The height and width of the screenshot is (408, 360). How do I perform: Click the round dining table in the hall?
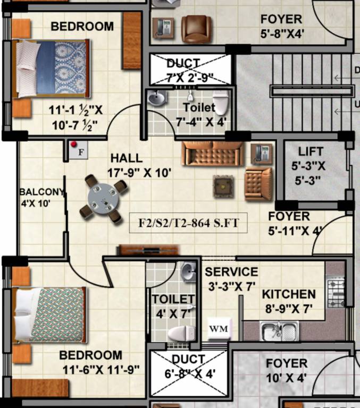[105, 200]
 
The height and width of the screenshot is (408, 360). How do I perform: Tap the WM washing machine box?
[218, 328]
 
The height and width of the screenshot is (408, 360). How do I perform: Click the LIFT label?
[311, 151]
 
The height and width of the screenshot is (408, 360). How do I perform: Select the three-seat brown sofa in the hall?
[212, 154]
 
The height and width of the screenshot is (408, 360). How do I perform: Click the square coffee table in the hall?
[222, 185]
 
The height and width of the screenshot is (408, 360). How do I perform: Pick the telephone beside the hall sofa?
[262, 152]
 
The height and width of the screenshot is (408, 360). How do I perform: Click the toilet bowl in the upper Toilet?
[220, 103]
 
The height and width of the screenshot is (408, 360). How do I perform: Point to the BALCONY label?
[41, 192]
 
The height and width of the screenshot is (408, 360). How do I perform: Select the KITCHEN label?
[289, 294]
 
